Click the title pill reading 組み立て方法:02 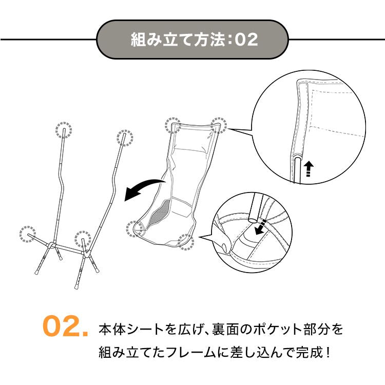192,40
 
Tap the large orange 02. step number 65,326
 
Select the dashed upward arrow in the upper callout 309,169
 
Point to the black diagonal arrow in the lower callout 260,227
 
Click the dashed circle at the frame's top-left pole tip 64,130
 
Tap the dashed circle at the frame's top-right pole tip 125,138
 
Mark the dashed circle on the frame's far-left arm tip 28,234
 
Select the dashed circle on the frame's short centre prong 83,239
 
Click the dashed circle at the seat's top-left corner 172,125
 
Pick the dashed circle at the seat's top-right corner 219,125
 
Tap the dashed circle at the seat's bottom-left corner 134,229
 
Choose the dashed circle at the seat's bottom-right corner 186,242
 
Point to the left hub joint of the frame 51,245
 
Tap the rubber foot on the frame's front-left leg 36,272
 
